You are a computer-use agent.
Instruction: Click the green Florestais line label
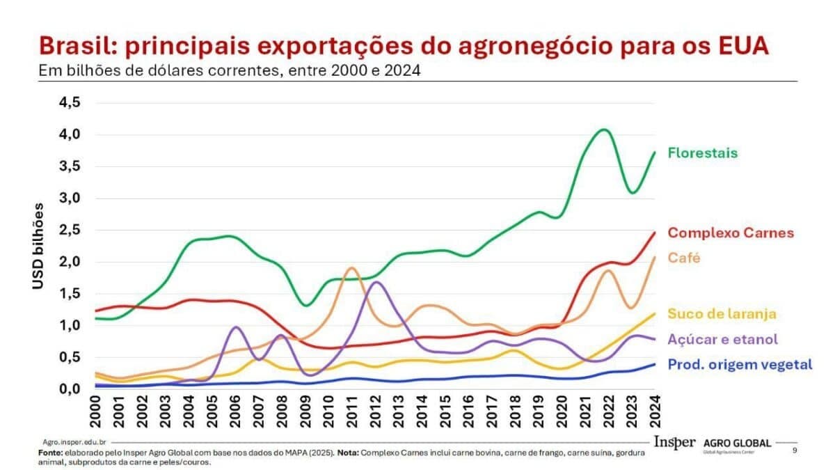click(702, 152)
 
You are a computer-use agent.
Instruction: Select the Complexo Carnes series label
click(731, 233)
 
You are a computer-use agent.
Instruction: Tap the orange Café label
click(683, 258)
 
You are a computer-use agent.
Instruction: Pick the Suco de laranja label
click(722, 314)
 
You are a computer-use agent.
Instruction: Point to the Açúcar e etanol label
click(722, 339)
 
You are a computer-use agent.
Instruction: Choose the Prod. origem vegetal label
click(740, 364)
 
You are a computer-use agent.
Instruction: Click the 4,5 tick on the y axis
click(69, 102)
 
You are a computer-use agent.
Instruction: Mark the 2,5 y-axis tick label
click(69, 230)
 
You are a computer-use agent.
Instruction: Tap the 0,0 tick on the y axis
click(69, 389)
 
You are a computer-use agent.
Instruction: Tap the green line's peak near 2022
click(603, 130)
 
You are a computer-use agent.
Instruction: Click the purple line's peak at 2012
click(376, 282)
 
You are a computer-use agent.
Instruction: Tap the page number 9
click(795, 451)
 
